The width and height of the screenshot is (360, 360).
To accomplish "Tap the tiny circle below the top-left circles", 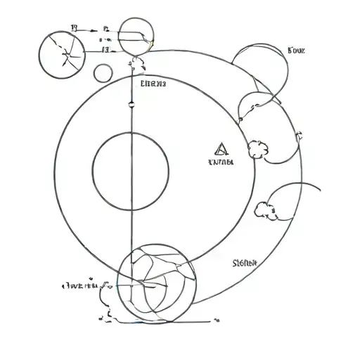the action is (x=103, y=72).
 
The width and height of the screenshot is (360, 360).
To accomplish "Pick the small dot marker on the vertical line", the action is (x=131, y=105).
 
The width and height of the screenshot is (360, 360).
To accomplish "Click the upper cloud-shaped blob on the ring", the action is (x=257, y=148).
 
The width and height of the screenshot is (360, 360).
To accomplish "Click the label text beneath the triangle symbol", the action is (x=221, y=162).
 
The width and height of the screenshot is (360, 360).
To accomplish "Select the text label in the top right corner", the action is (x=297, y=50).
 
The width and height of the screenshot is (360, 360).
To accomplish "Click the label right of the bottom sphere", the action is (x=245, y=263).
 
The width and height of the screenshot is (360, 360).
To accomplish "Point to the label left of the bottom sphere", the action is (x=80, y=285).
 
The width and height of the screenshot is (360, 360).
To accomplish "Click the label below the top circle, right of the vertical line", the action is (x=153, y=84).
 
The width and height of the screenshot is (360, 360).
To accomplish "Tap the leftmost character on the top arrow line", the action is (x=74, y=30).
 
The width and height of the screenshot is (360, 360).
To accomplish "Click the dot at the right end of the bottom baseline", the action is (x=212, y=321).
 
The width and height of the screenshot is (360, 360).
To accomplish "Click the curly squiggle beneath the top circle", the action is (x=136, y=66).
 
